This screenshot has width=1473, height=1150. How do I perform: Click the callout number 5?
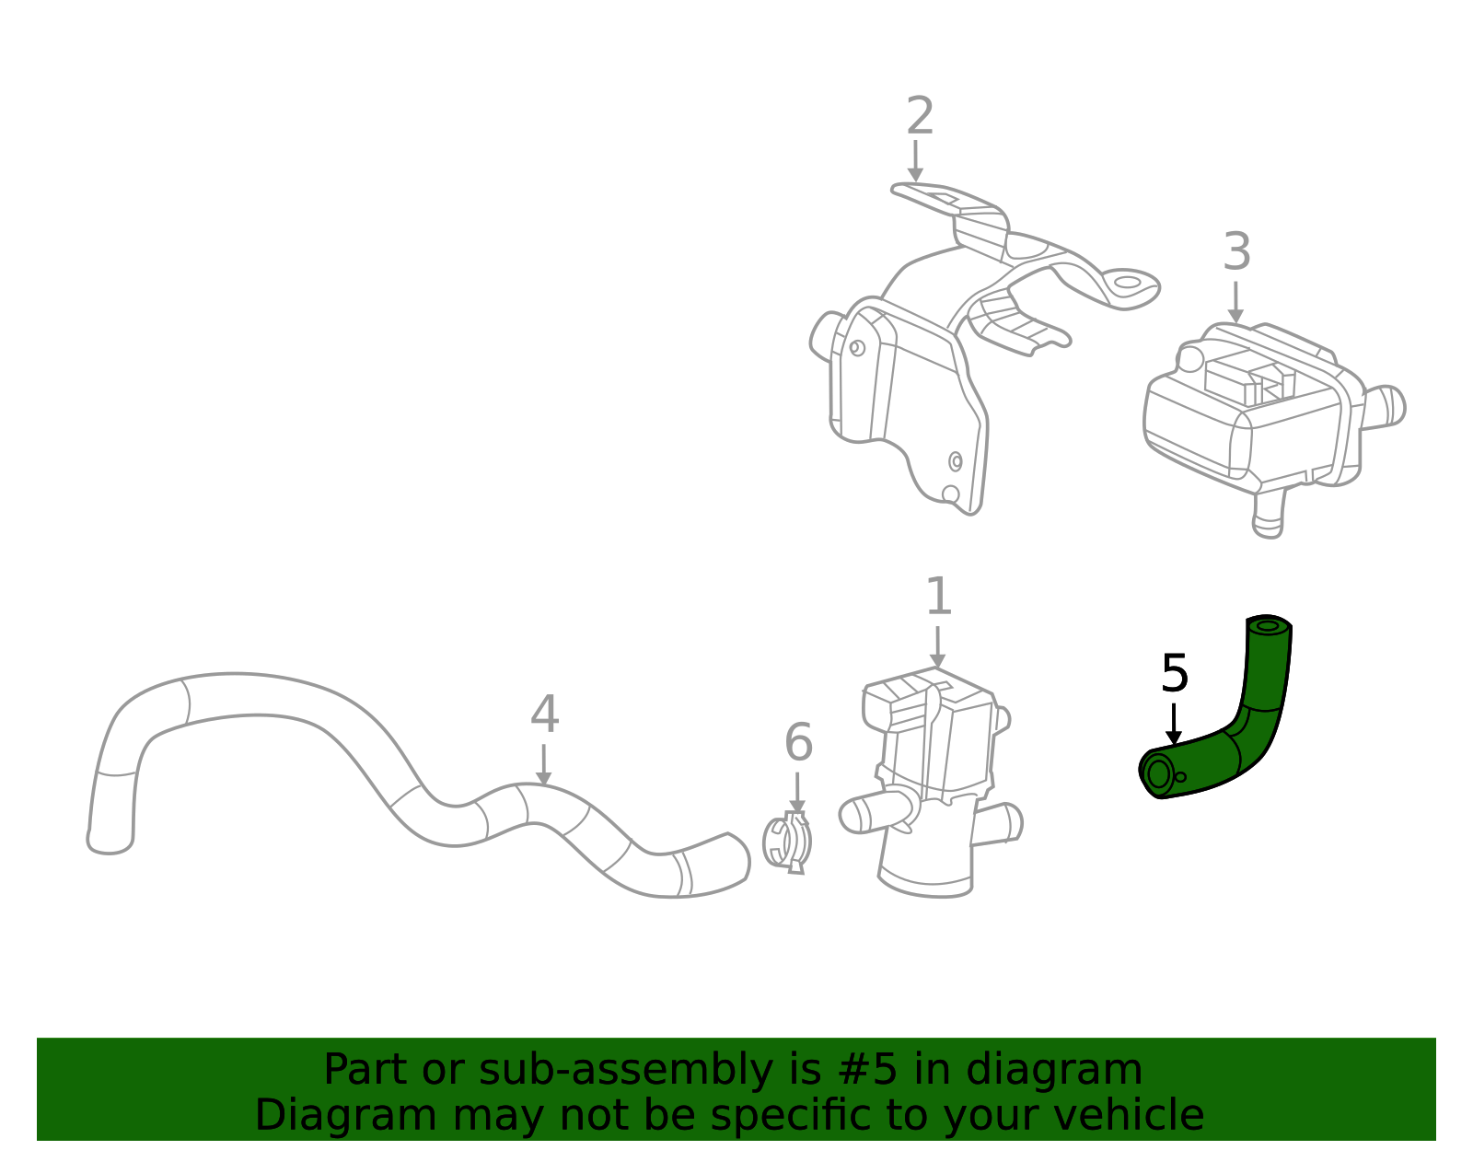[1175, 674]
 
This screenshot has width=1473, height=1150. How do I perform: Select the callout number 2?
[920, 117]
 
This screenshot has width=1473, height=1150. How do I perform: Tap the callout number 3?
[1236, 252]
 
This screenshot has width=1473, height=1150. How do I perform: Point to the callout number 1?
[938, 598]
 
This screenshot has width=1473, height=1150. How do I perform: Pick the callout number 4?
[544, 715]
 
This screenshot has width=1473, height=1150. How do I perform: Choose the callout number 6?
[798, 743]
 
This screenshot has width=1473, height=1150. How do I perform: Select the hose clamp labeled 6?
[789, 842]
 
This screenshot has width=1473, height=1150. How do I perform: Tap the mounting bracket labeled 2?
[921, 350]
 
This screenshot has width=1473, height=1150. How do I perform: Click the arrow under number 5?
[1174, 725]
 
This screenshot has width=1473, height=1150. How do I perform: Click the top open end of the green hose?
[1269, 626]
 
